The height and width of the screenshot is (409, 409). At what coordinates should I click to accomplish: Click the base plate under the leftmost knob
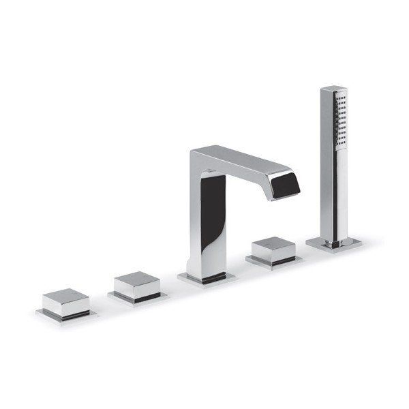pos(66,316)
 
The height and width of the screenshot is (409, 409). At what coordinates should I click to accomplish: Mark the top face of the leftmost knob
pos(64,296)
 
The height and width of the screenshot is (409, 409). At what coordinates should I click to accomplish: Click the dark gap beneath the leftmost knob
pos(68,312)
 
